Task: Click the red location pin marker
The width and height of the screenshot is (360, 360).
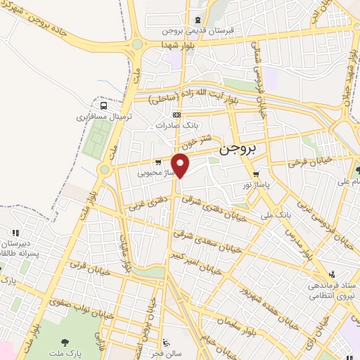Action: (x=181, y=165)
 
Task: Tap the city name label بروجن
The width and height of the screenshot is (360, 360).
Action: (x=239, y=149)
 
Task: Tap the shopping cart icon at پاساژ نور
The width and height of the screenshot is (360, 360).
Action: (x=256, y=174)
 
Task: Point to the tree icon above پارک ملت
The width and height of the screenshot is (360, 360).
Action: (x=65, y=343)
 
